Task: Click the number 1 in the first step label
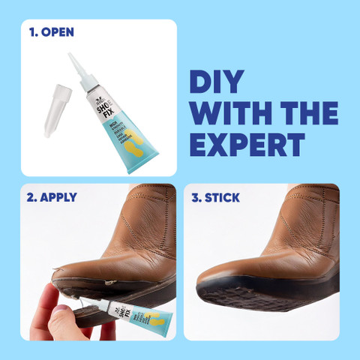33,33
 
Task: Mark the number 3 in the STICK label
196,198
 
